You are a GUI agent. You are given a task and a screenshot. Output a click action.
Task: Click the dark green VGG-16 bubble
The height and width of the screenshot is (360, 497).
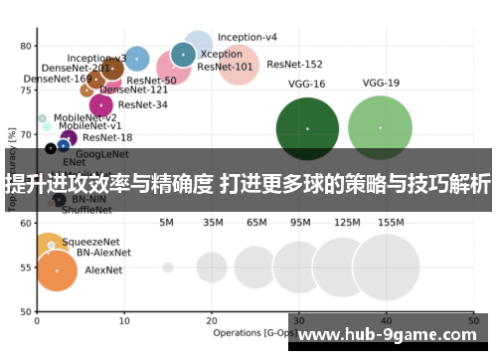307,128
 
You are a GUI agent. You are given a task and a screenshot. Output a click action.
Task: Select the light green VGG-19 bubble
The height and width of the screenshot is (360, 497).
381,127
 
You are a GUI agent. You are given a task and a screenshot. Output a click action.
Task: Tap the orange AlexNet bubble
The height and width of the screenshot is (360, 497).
57,270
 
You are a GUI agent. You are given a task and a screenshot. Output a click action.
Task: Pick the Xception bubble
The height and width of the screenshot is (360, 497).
183,54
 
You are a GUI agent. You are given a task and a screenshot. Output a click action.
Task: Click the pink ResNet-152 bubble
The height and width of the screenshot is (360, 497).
239,68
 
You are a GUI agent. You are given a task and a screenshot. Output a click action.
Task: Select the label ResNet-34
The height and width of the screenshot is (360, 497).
142,103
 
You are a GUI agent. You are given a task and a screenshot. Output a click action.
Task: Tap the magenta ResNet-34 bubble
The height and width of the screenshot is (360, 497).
100,104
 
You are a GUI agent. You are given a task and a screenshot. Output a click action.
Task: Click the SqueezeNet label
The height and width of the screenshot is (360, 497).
90,242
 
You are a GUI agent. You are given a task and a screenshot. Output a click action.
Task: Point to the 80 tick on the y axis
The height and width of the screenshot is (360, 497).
26,46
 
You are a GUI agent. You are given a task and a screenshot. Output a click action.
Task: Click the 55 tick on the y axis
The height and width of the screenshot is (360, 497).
26,269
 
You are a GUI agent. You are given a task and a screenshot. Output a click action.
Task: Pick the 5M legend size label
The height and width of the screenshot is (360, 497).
167,223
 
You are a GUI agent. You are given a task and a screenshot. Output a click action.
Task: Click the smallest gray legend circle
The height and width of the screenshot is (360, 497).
168,268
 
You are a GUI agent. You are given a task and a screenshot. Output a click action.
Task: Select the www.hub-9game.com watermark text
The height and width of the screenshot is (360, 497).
393,334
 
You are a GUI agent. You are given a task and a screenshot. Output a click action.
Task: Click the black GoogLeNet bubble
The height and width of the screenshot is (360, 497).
51,149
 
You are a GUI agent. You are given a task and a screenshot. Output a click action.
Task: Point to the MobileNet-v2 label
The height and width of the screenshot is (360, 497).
85,117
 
